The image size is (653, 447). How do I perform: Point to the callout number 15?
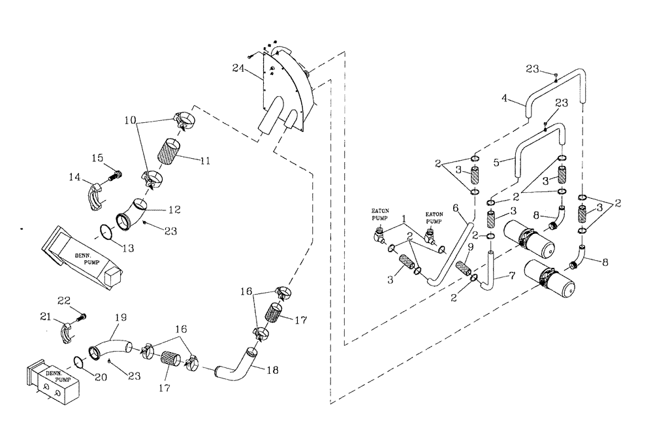coord(97,157)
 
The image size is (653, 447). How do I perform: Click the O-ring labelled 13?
coord(106,231)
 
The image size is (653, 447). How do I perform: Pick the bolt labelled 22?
coord(82,317)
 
